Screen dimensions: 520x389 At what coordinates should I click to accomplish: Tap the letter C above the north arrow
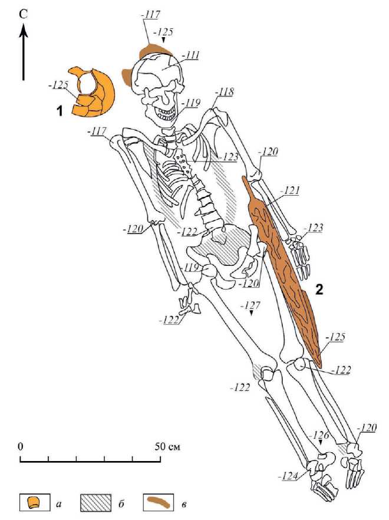[x=24, y=13]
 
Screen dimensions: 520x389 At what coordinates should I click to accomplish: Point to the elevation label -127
[x=252, y=305]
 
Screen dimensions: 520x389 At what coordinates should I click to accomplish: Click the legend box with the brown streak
[x=160, y=503]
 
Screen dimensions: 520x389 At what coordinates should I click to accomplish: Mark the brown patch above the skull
[x=154, y=50]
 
